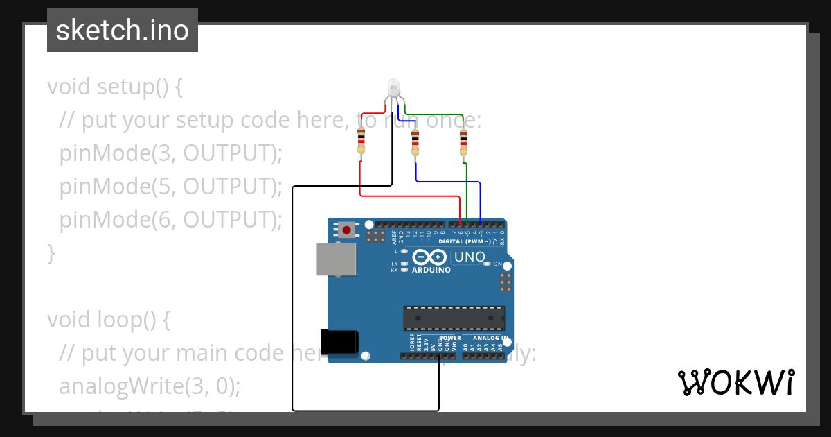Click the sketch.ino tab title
(x=123, y=31)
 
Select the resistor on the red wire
(x=361, y=141)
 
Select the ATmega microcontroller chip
(x=454, y=318)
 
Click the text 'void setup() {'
(x=115, y=87)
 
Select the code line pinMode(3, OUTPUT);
(x=171, y=153)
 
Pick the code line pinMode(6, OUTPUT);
(x=171, y=220)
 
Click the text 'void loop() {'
(x=108, y=320)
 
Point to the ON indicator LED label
(x=497, y=264)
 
